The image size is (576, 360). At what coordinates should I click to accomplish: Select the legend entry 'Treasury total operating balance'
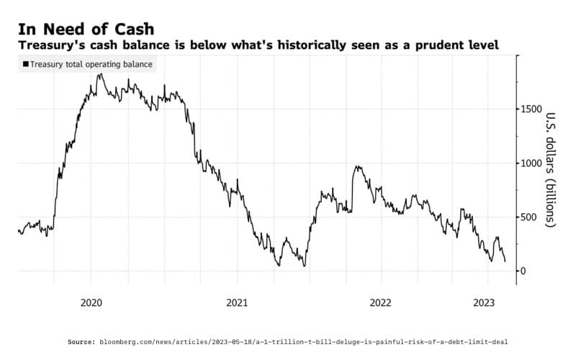tap(89, 64)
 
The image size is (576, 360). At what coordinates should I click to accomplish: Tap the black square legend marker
tap(26, 64)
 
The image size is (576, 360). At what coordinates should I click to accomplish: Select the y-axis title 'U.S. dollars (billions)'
tap(552, 170)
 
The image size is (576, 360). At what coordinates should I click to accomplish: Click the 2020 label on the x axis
tap(91, 303)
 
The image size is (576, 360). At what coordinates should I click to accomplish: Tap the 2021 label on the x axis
tap(237, 303)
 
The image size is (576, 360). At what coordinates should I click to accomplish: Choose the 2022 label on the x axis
tap(380, 303)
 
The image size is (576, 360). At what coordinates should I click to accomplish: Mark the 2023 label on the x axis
tap(485, 303)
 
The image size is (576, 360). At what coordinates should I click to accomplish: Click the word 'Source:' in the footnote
tap(81, 341)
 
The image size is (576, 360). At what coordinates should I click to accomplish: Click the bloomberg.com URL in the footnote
tap(303, 341)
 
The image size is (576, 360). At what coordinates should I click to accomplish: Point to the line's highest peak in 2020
tap(99, 73)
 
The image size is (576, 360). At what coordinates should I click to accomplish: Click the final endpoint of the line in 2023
tap(505, 261)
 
